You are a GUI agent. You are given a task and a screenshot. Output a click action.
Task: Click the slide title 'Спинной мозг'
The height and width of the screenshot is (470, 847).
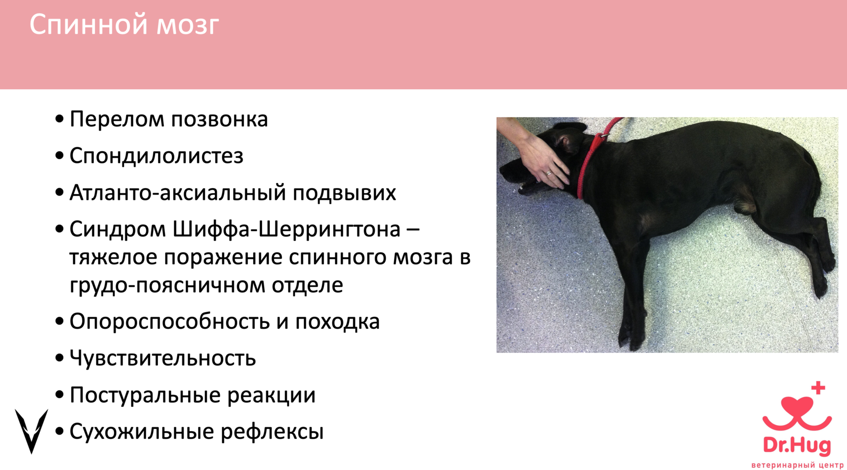[x=124, y=25]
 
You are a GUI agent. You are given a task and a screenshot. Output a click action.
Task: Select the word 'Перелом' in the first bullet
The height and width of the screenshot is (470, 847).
[x=117, y=119]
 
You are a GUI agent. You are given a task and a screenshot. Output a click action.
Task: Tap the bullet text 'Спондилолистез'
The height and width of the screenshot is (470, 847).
[x=156, y=156]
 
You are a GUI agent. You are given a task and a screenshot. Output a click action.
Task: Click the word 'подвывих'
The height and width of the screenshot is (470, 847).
[x=344, y=193]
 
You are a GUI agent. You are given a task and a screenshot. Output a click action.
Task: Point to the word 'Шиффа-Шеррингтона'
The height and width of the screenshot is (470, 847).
[x=286, y=229]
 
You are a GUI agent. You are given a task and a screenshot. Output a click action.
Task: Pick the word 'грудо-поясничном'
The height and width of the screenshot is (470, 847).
[x=167, y=285]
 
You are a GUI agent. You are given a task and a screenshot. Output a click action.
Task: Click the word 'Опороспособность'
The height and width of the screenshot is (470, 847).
[x=169, y=322]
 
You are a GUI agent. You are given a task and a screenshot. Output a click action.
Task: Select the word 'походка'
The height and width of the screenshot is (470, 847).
[x=337, y=322]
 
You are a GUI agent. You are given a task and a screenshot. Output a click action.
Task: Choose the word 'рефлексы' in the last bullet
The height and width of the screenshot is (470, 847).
[x=272, y=432]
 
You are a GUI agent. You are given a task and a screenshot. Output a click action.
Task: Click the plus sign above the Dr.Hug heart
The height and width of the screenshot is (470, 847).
[x=818, y=388]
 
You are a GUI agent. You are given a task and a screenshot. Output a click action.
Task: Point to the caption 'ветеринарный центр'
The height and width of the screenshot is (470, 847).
[x=797, y=465]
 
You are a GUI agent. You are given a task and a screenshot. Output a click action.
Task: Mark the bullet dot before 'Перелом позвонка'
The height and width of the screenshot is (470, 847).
[x=59, y=120]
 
